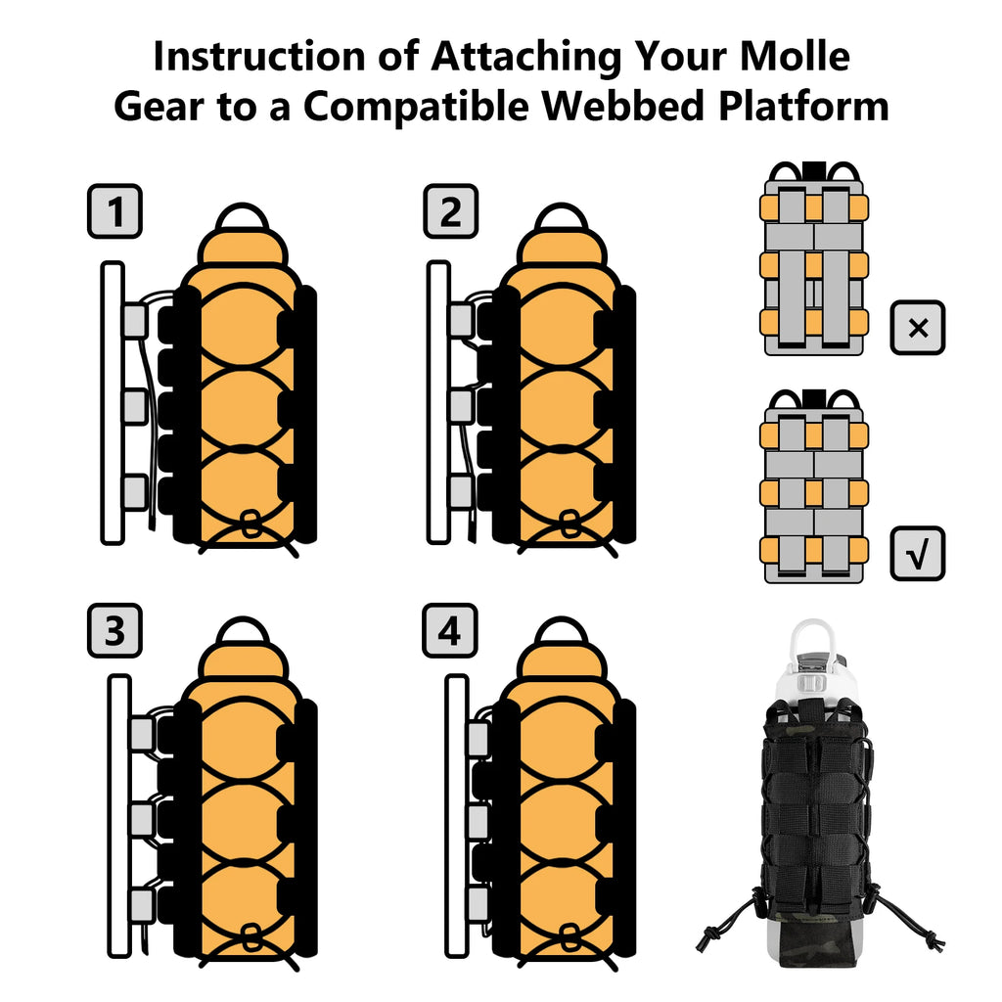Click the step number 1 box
point(115,211)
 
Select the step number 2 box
point(450,211)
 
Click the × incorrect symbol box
point(917,328)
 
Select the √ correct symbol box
point(917,553)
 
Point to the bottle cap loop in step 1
point(242,217)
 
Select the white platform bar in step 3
point(118,817)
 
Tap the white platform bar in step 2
point(439,401)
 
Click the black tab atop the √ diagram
point(812,397)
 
